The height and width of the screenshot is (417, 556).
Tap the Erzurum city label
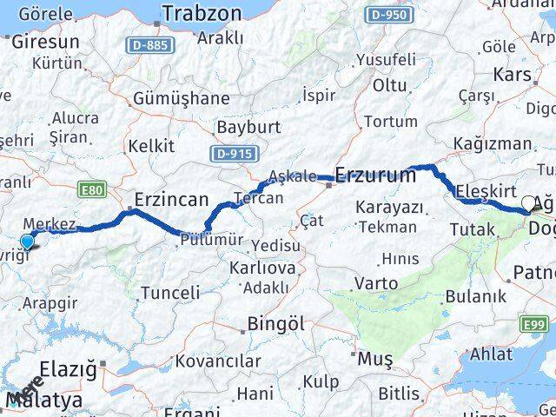[x=374, y=175]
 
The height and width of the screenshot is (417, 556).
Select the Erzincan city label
[x=170, y=199]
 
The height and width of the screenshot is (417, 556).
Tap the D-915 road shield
[x=233, y=153]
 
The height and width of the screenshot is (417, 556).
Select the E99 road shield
[x=535, y=325]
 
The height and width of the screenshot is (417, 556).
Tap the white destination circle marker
[x=528, y=204]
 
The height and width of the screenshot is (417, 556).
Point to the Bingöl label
[x=275, y=323]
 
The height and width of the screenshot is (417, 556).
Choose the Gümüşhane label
[x=181, y=98]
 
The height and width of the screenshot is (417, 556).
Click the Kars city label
[x=512, y=75]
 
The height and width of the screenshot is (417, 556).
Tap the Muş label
[x=375, y=358]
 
